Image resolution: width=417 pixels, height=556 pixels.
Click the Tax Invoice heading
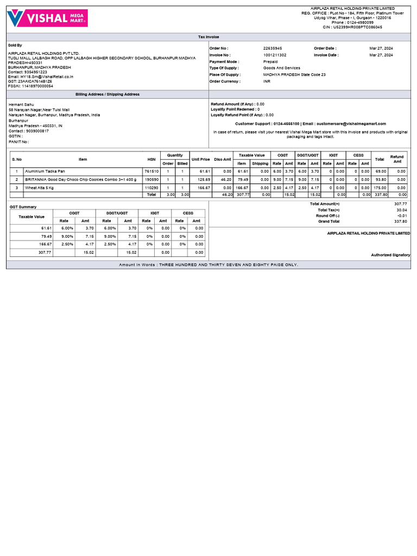point(208,37)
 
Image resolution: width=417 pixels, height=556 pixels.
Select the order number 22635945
point(273,48)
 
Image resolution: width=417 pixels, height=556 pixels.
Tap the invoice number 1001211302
point(275,55)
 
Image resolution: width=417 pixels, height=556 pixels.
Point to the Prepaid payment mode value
point(271,61)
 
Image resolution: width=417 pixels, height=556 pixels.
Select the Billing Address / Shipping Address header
point(108,94)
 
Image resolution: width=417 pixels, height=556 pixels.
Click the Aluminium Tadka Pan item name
point(45,171)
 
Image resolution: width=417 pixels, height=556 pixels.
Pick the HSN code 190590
point(151,179)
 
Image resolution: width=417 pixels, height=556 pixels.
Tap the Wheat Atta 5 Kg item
point(39,187)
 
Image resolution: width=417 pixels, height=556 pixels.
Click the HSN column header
point(151,160)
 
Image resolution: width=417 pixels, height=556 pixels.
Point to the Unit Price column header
point(200,160)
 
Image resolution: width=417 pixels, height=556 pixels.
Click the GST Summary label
point(22,207)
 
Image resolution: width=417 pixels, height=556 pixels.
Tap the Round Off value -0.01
point(401,216)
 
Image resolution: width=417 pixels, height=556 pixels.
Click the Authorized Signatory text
point(390,255)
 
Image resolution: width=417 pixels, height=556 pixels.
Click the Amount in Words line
point(208,265)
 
